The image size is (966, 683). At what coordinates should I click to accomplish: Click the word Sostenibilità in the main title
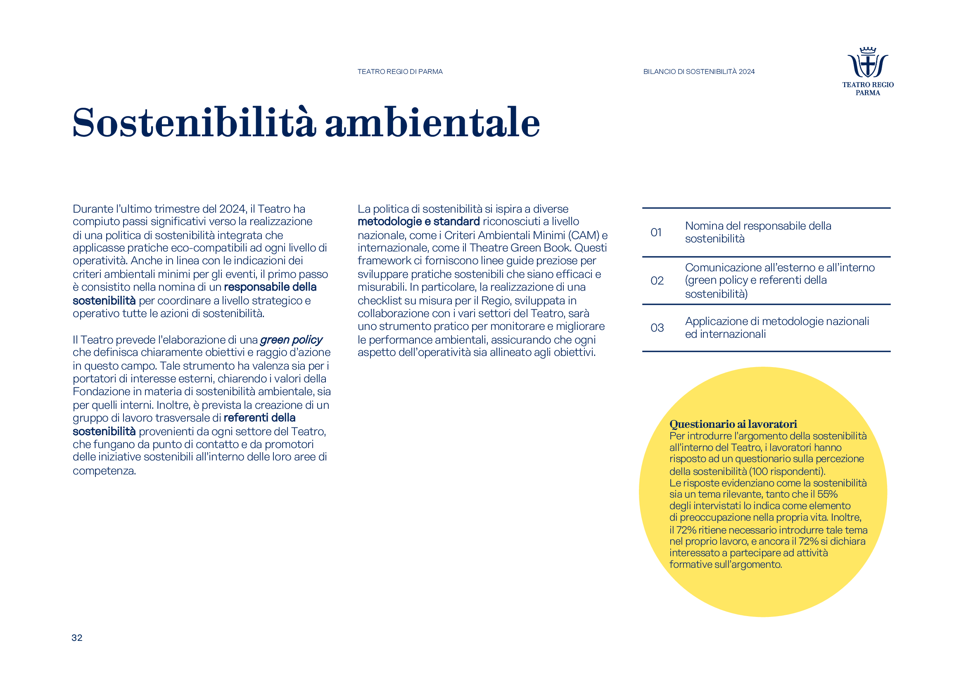click(194, 123)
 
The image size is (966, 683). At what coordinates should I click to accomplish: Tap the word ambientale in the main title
click(432, 123)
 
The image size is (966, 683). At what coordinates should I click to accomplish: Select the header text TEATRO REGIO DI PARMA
click(400, 72)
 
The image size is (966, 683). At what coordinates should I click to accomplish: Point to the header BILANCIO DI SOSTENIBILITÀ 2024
click(699, 72)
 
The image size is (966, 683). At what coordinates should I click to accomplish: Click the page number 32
click(77, 638)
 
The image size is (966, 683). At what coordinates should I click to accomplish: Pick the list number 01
click(656, 232)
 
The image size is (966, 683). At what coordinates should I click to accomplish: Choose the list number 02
click(657, 281)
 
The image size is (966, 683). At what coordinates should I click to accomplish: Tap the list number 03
click(657, 328)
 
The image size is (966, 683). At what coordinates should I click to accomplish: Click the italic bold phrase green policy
click(291, 340)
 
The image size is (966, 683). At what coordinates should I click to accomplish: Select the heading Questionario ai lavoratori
click(733, 424)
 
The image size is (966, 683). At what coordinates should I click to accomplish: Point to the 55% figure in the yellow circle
click(827, 494)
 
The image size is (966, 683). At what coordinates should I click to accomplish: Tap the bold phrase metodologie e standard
click(418, 222)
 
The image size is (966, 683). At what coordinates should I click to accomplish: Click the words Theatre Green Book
click(520, 248)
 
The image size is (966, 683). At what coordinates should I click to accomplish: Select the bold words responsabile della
click(270, 287)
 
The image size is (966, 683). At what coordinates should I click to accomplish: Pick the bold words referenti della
click(260, 418)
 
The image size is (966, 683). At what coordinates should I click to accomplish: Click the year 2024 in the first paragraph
click(232, 209)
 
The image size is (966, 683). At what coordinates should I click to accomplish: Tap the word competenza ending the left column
click(104, 471)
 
